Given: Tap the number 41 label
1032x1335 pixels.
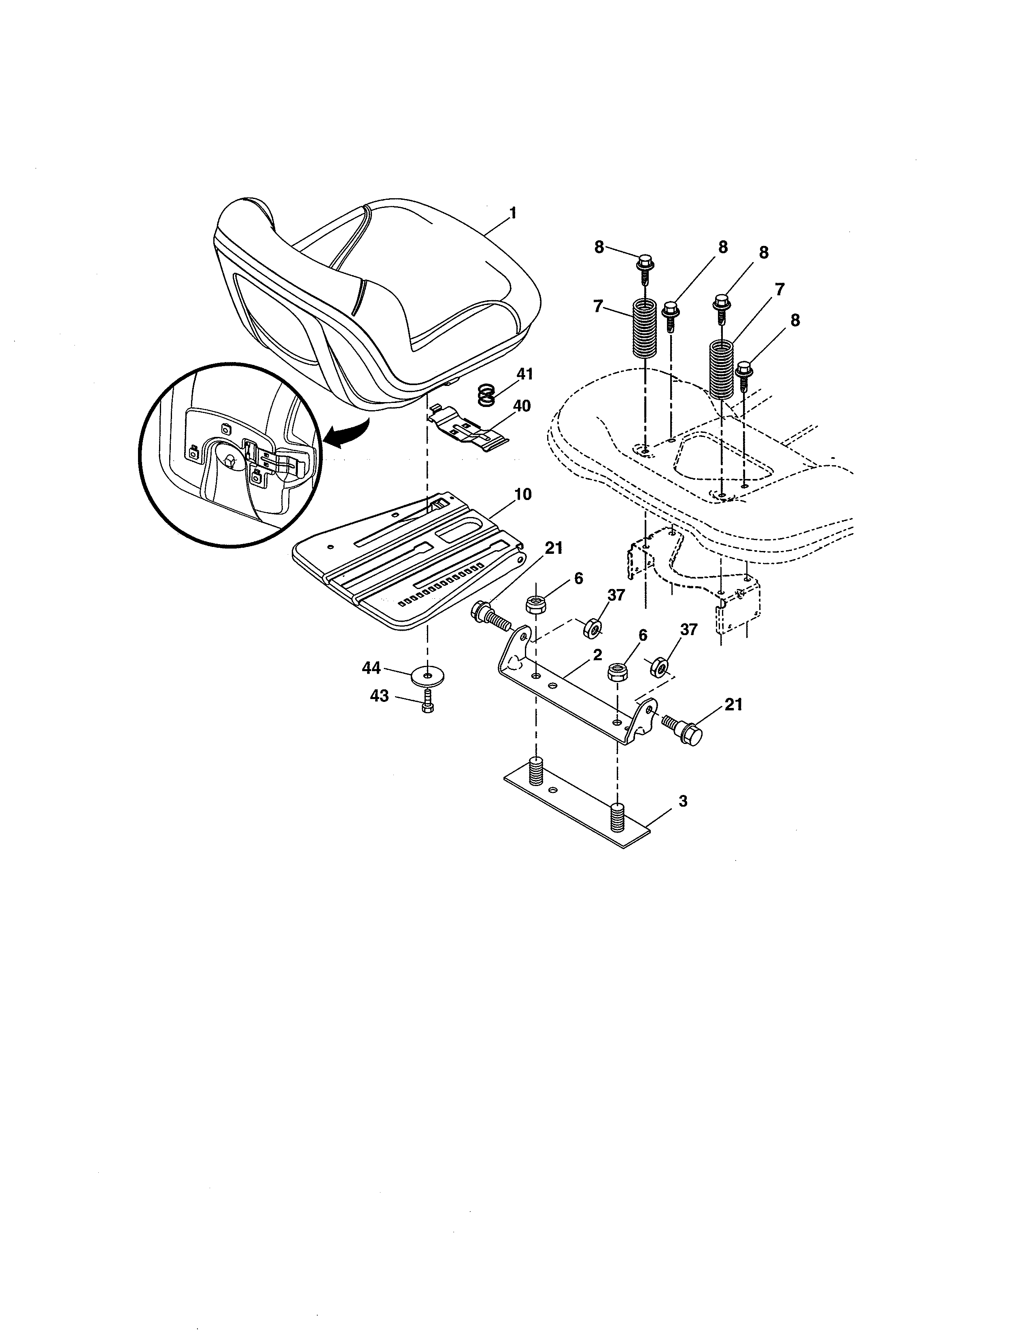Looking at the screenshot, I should [x=524, y=374].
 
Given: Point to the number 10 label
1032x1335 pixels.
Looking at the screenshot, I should [x=523, y=494].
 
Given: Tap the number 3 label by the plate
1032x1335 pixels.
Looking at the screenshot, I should [x=683, y=801].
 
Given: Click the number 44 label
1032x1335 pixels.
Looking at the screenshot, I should [x=371, y=668].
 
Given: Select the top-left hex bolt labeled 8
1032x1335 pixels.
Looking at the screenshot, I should [x=644, y=266].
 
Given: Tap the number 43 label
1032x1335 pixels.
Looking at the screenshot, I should [x=379, y=696].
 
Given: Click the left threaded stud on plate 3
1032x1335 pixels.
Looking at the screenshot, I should [x=536, y=771].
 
